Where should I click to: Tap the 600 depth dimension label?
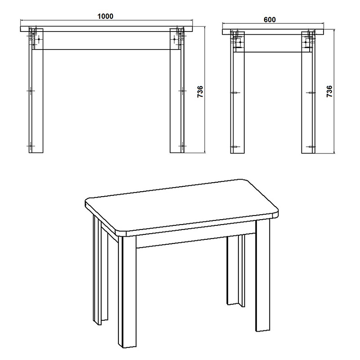(270, 19)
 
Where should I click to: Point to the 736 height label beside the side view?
(329, 91)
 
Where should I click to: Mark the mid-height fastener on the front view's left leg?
(30, 90)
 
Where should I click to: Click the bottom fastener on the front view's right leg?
(182, 146)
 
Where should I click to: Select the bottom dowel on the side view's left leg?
(234, 147)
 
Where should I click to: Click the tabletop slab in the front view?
(106, 29)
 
